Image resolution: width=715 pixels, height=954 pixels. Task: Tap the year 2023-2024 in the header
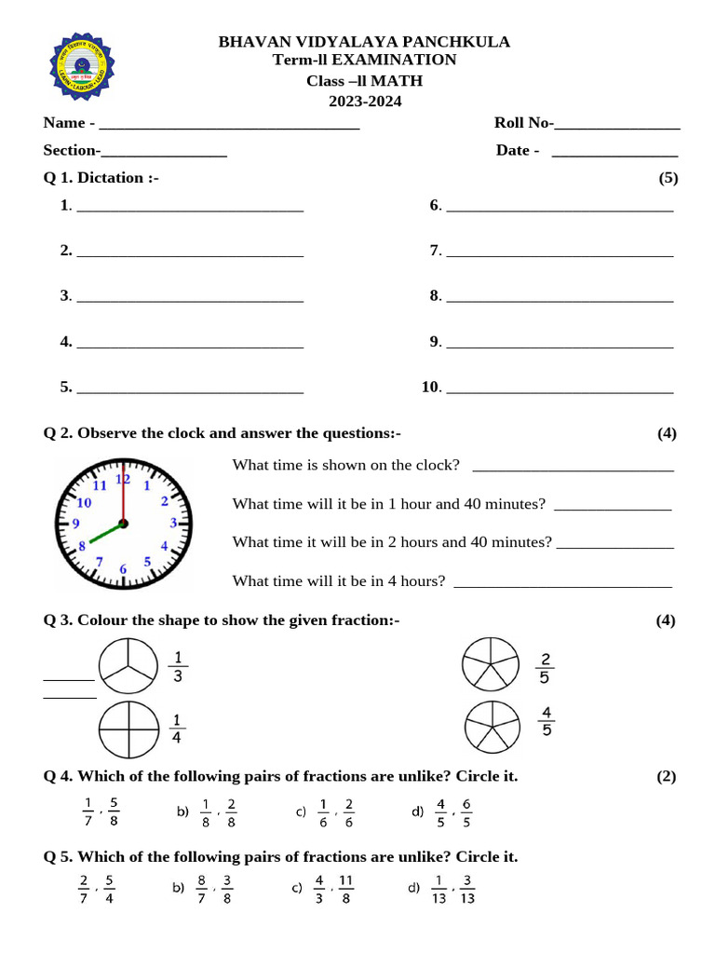364,102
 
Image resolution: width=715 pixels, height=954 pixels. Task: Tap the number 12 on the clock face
123,480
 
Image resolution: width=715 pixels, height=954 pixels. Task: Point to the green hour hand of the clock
102,535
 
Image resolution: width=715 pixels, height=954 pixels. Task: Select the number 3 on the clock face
173,524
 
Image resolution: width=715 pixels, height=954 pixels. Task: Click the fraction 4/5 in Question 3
546,722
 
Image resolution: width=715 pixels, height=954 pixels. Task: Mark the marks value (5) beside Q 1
668,178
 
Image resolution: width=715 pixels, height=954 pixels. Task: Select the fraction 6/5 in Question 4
466,812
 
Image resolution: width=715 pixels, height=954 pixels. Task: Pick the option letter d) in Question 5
414,888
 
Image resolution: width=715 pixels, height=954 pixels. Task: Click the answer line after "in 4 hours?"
560,583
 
